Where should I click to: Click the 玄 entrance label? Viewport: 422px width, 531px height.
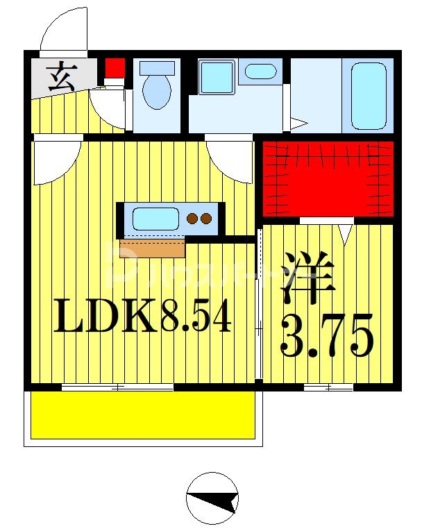point(61,76)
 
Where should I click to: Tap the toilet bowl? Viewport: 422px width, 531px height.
point(156,92)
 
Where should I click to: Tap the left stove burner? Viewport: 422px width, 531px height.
point(192,219)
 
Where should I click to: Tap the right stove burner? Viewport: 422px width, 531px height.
point(206,219)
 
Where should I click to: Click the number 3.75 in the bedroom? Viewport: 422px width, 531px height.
point(327,334)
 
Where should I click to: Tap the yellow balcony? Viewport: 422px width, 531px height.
point(144,414)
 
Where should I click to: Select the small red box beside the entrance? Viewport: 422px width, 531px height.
point(115,69)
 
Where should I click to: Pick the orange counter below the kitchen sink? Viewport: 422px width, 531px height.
point(153,247)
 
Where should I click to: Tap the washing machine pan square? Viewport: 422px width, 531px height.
point(217,77)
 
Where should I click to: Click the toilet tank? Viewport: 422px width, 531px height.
point(156,68)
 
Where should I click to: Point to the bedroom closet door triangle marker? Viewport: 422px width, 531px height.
point(345,233)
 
